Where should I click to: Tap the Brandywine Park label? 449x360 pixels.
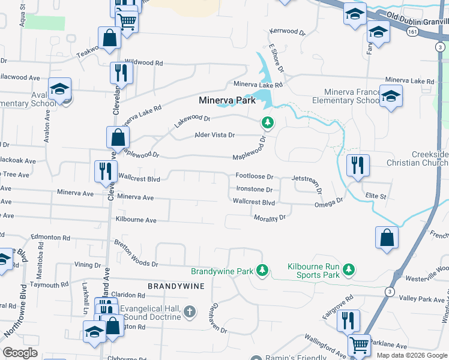point(222,271)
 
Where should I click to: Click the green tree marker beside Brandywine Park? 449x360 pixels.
point(262,271)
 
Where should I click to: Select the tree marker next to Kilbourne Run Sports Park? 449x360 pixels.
point(346,271)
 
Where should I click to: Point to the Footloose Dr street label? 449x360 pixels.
point(255,177)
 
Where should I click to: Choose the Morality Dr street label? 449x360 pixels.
point(269,218)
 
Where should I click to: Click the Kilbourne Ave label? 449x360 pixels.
point(136,220)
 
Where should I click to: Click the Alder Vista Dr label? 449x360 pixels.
point(214,136)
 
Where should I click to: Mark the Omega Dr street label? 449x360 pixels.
point(328,204)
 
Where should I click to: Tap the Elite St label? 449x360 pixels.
point(375,196)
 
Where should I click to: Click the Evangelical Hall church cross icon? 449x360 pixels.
point(190,311)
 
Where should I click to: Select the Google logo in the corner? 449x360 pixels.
point(20,353)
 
